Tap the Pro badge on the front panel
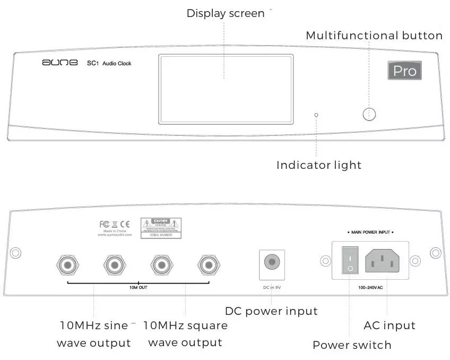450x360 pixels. (404, 70)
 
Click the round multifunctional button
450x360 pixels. (369, 114)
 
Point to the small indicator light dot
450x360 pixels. (316, 115)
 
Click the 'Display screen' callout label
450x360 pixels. (225, 13)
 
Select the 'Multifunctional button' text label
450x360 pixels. (374, 36)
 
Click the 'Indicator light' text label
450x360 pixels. (318, 165)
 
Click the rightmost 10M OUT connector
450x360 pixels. (208, 264)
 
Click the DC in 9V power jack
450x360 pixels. (272, 262)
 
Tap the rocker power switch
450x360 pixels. (350, 261)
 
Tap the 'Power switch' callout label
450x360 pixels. (352, 345)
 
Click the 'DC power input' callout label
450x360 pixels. (271, 311)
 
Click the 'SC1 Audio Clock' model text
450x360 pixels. (109, 64)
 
